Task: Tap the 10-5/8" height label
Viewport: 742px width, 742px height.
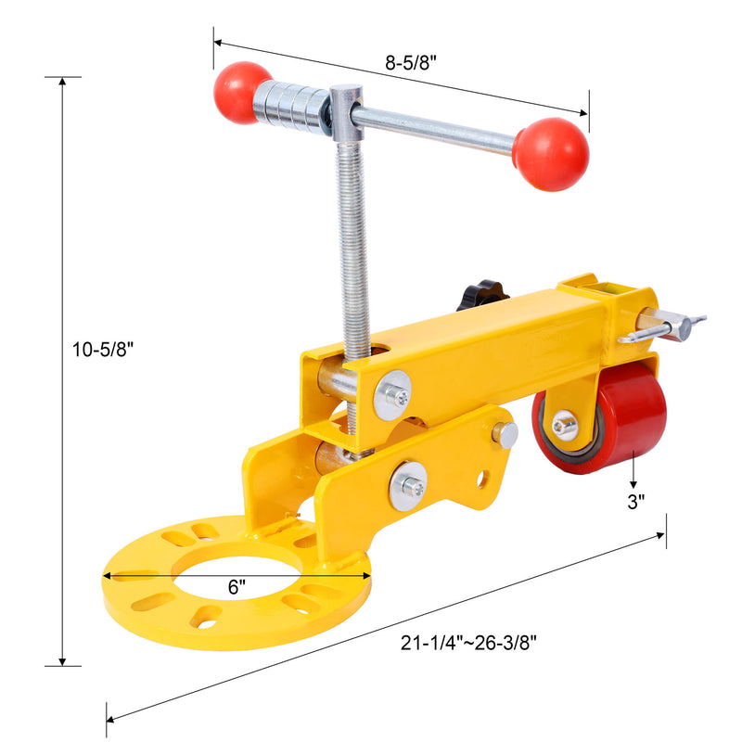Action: pos(102,350)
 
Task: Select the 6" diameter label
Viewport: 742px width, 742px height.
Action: pos(237,586)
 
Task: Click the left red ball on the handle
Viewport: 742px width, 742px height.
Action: pos(240,92)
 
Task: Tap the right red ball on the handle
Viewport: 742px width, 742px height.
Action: pos(550,153)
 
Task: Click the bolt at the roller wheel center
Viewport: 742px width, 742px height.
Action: pos(564,425)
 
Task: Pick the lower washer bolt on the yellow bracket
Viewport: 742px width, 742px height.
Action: pos(408,485)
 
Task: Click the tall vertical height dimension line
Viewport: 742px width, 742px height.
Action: pos(63,371)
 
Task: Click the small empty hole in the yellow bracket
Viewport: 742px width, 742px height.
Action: pos(482,480)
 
